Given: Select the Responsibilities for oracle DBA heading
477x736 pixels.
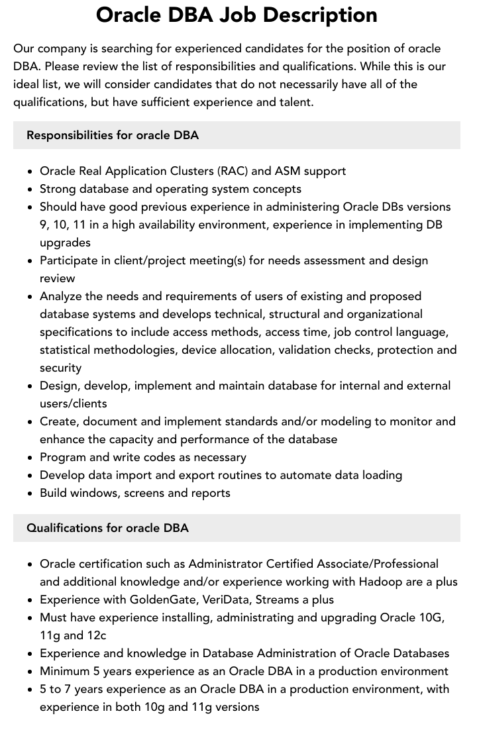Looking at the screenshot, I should pos(113,135).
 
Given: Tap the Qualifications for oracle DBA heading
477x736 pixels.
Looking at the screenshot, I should pos(107,528).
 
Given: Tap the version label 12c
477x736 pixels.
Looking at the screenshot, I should pos(95,635).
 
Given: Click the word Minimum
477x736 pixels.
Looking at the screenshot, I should pos(66,671).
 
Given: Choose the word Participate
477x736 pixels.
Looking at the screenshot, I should pos(70,260).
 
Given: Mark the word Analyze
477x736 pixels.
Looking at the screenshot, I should pos(62,296).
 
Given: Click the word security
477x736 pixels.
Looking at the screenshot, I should pos(60,368).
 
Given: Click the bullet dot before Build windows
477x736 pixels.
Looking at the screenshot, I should pos(30,494).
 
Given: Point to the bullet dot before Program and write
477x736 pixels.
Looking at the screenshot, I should pos(30,458).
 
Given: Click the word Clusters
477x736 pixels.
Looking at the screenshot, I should pos(186,171).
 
